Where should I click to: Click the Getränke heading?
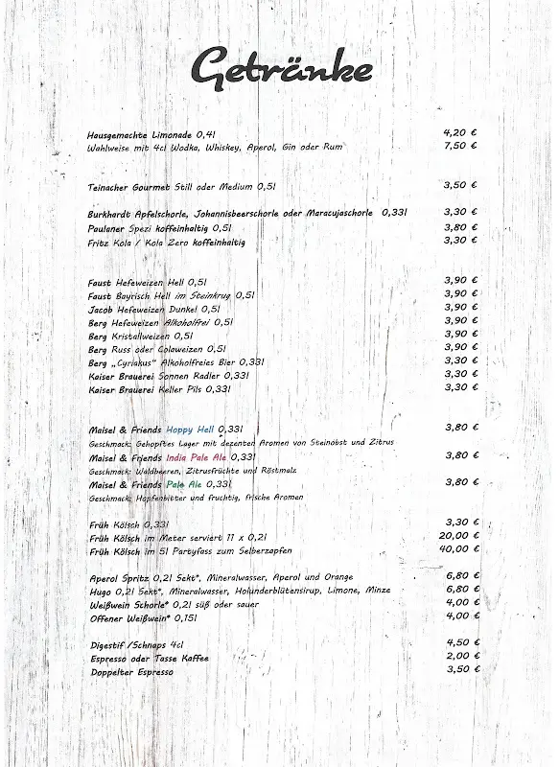[280, 69]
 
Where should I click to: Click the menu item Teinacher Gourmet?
[128, 186]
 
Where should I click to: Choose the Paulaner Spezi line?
[159, 228]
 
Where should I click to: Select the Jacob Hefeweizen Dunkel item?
[153, 309]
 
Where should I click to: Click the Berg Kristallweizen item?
[140, 336]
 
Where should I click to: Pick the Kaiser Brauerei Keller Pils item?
[159, 389]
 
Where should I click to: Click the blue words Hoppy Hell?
[190, 429]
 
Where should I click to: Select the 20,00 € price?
[459, 536]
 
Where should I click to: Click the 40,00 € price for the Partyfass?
[459, 550]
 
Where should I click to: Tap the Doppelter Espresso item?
[131, 671]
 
